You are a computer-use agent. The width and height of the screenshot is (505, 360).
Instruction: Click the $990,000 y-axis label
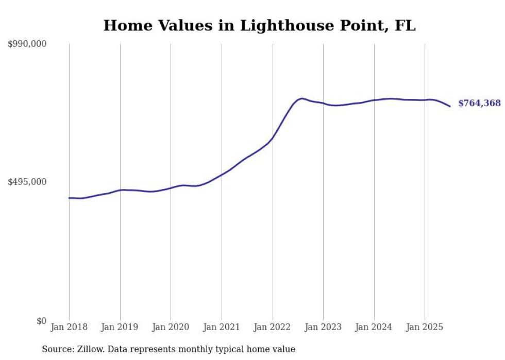27,44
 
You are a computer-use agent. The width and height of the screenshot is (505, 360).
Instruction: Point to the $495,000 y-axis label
27,182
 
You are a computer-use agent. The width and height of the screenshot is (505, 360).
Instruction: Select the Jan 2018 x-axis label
69,327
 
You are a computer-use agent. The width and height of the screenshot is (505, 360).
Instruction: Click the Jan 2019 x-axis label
120,327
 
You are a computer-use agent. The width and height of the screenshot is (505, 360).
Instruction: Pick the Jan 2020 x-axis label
171,327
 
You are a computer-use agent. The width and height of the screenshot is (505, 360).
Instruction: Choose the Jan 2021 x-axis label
222,327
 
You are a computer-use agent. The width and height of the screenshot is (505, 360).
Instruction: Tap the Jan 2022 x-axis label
273,327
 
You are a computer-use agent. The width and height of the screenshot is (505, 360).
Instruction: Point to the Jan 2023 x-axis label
323,327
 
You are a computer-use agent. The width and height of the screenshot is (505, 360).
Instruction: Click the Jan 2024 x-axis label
374,327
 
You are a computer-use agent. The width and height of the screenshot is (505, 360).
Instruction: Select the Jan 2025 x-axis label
425,327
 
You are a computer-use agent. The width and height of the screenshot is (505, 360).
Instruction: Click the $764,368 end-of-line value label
479,104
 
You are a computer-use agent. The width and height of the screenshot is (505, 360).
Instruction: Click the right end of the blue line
450,106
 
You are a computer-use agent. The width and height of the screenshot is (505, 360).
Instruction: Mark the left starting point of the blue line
69,198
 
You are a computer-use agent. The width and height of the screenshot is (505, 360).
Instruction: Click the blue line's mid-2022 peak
301,98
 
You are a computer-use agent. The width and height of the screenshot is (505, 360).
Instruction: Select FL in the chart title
405,26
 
